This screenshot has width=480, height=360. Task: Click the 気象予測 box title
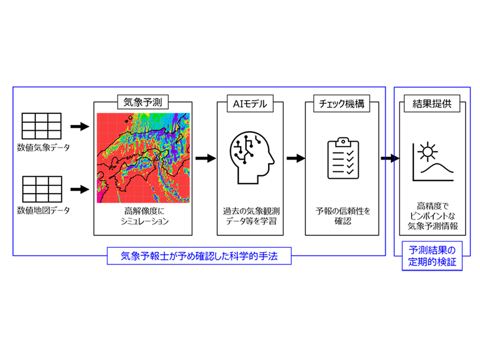click(143, 102)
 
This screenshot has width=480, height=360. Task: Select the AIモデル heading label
click(250, 104)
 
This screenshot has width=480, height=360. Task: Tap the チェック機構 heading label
click(341, 104)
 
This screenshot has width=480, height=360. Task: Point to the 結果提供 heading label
click(432, 103)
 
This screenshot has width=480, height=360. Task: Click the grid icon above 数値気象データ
click(41, 126)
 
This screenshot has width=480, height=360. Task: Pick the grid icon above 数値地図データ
click(42, 189)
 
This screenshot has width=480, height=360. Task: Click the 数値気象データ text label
click(43, 148)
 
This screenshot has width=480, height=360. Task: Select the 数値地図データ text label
click(43, 211)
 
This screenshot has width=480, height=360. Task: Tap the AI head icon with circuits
click(252, 158)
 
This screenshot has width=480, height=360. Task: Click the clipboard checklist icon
click(343, 158)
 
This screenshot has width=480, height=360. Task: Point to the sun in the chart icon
click(428, 152)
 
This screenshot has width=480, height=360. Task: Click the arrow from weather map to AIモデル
click(206, 158)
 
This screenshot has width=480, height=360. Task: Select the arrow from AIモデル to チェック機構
click(296, 158)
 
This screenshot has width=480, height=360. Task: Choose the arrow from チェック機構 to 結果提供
click(390, 158)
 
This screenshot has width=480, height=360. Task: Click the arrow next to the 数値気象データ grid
click(80, 126)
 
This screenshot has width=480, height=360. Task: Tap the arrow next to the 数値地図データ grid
click(80, 189)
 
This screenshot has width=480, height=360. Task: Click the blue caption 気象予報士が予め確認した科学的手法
click(199, 256)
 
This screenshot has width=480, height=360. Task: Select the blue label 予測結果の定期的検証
click(432, 256)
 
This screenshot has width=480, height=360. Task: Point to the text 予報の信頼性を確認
click(343, 216)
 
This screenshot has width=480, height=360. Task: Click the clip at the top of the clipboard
click(343, 142)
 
